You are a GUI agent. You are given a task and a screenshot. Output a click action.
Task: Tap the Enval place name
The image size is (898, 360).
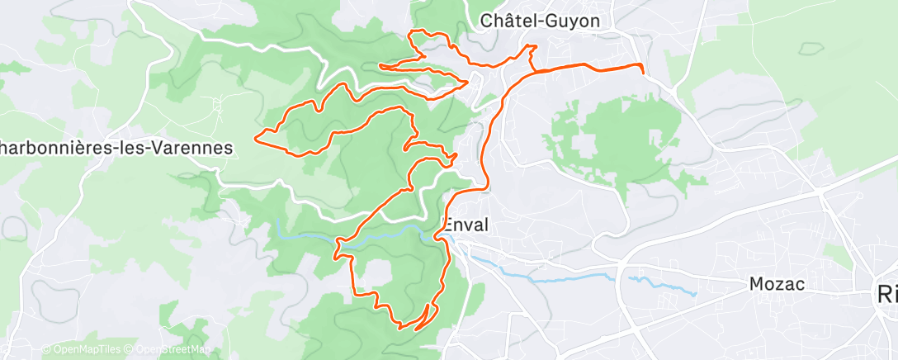coord(466,224)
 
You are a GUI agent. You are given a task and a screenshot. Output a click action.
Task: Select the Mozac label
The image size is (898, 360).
coord(777,284)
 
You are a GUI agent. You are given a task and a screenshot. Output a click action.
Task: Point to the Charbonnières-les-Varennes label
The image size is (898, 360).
coord(116,147)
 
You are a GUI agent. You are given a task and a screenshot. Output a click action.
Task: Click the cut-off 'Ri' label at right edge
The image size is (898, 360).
coord(887,294)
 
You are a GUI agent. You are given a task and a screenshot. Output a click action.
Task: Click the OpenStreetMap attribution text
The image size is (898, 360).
coord(168,349)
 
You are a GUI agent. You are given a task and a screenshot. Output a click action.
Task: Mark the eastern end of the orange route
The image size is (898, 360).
coord(642,72)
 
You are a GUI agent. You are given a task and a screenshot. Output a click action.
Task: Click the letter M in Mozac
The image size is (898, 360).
coord(756,284)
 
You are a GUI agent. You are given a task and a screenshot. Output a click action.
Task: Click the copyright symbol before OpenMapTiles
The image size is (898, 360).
coord(46,349)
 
